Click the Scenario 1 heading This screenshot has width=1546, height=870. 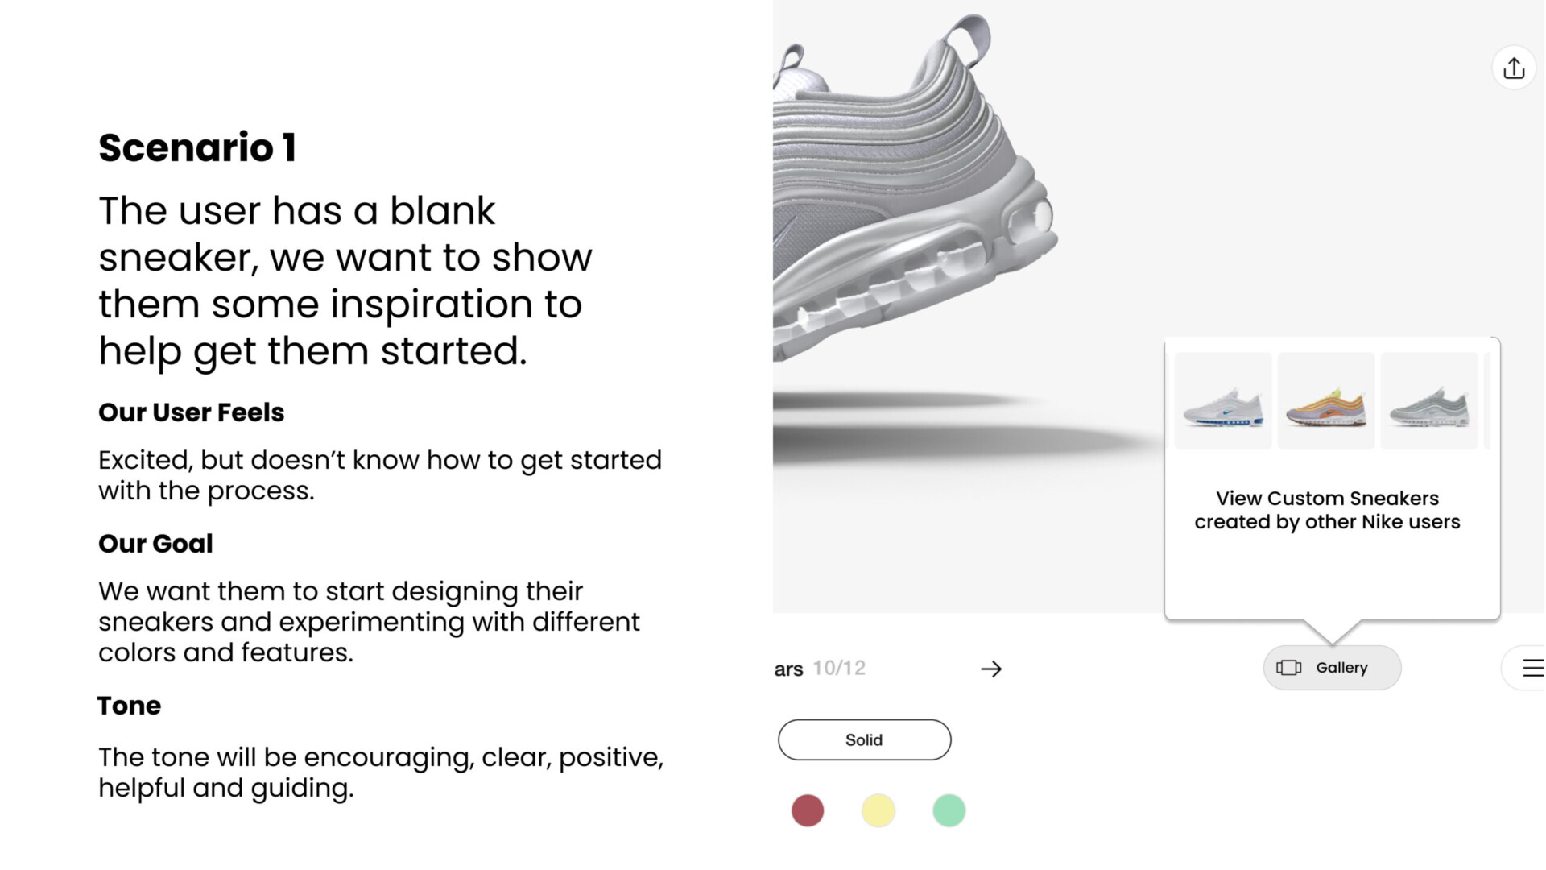tap(197, 148)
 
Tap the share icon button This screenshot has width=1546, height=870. tap(1514, 68)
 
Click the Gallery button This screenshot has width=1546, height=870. tap(1332, 668)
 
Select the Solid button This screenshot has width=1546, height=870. tap(864, 739)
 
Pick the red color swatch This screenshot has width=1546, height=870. tap(808, 810)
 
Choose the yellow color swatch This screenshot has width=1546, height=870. tap(878, 810)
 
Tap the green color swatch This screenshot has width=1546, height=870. tap(949, 810)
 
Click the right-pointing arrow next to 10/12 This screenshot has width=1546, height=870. tap(991, 669)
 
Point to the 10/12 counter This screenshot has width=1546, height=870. tap(839, 668)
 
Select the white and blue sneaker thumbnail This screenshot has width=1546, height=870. tap(1223, 400)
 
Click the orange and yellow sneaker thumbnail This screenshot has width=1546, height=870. tap(1326, 400)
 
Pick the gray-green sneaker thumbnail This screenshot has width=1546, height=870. tap(1429, 400)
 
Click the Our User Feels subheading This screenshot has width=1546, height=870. tap(191, 412)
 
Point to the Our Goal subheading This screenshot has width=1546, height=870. tap(155, 544)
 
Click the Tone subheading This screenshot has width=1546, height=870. tap(129, 706)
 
